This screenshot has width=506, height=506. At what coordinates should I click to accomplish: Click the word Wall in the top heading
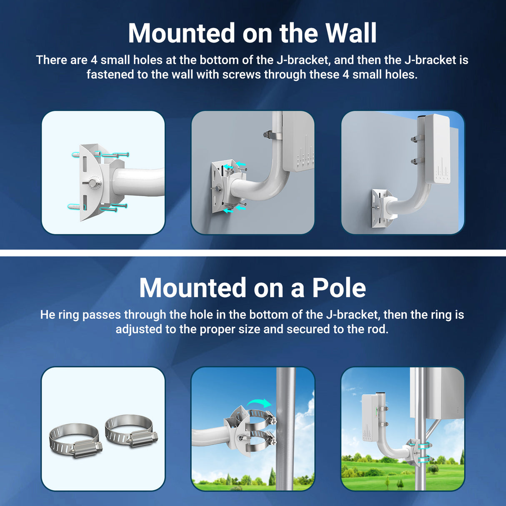[x=351, y=33]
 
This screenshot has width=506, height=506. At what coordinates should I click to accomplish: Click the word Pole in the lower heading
[x=339, y=288]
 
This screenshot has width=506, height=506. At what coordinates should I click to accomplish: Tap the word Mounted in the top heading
[x=181, y=33]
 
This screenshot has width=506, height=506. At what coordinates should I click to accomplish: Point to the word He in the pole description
[x=48, y=315]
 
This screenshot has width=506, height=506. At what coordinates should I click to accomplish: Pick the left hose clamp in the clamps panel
[x=75, y=441]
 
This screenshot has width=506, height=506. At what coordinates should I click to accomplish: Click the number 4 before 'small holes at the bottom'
[x=94, y=60]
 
